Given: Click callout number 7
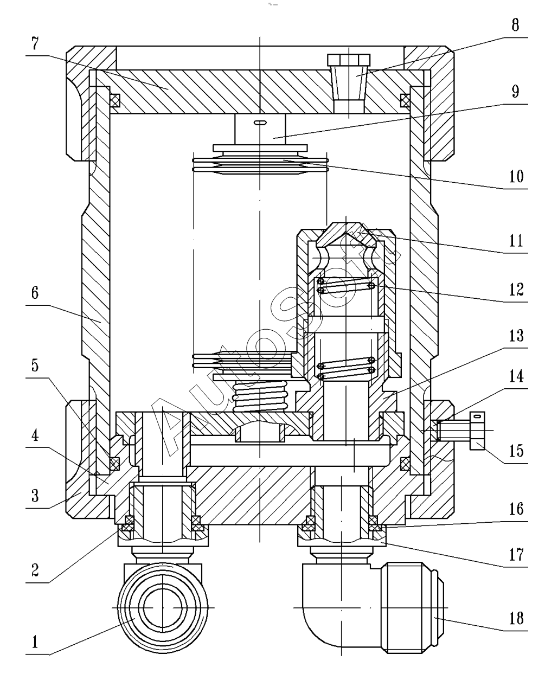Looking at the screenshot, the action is click(x=35, y=43).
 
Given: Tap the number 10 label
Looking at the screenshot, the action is click(x=516, y=176).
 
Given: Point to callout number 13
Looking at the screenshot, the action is click(x=516, y=336).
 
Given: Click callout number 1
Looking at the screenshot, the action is click(x=35, y=642).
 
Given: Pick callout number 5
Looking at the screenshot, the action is click(x=35, y=365).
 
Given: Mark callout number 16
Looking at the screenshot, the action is click(x=516, y=509).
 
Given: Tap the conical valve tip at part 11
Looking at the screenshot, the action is click(x=347, y=234).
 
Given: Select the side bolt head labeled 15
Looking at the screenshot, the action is click(x=477, y=431).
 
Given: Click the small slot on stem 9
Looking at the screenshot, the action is click(x=260, y=123).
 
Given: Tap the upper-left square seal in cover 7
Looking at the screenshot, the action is click(x=114, y=101).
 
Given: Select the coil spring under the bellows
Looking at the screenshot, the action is click(x=260, y=396).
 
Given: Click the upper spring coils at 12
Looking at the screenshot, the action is click(x=347, y=285).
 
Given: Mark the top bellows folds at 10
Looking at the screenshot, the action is click(x=260, y=164).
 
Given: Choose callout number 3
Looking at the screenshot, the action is click(x=35, y=496).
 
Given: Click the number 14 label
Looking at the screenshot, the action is click(x=516, y=376).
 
